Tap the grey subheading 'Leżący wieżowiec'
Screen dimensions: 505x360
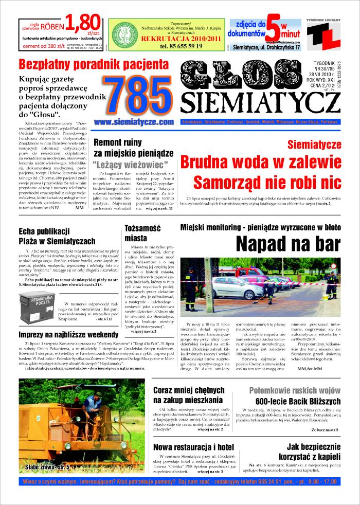131,165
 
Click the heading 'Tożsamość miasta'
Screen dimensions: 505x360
143,233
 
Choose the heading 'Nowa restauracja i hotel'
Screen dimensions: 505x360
194,446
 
